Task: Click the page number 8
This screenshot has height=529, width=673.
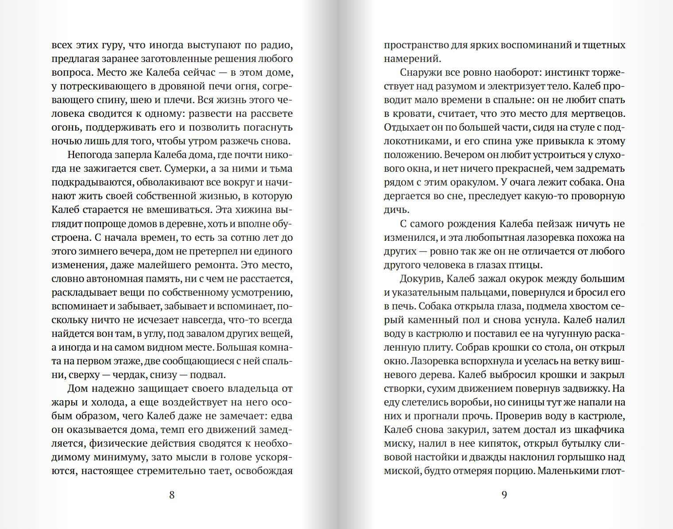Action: pos(172,494)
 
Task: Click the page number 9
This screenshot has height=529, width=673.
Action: pos(504,494)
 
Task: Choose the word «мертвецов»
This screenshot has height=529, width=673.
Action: pos(596,114)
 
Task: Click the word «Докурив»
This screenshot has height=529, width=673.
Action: pos(421,278)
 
